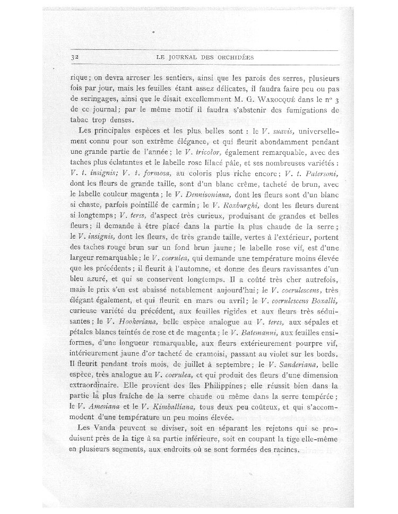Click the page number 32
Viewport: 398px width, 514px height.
coord(74,57)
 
